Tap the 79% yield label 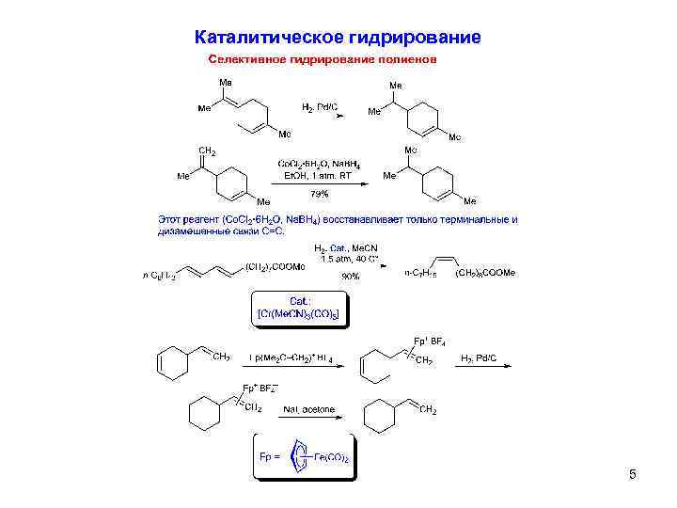tap(321, 194)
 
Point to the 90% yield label tap(350, 277)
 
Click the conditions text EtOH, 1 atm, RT tap(318, 174)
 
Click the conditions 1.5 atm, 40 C tap(349, 258)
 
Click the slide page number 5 tap(633, 474)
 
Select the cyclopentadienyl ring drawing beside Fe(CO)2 tap(300, 457)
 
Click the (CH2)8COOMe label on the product tap(485, 273)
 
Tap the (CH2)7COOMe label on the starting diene tap(275, 266)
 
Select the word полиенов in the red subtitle tap(408, 59)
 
